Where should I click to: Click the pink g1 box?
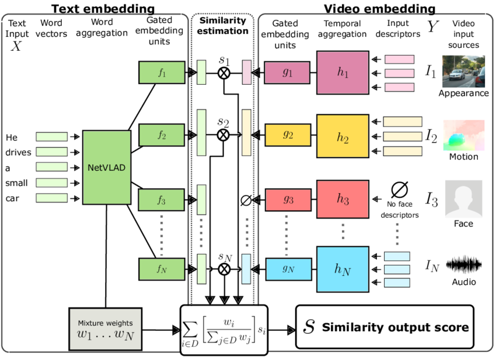287,72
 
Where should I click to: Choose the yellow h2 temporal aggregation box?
343,136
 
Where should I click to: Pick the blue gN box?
287,268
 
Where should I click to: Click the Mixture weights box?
105,328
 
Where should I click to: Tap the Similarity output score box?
386,327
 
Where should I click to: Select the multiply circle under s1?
223,73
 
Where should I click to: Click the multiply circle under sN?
223,268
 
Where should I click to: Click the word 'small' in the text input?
17,183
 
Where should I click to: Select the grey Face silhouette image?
464,198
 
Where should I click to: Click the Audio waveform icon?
463,265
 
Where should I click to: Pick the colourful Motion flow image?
464,135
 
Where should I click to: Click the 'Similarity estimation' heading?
223,26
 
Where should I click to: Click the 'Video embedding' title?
379,8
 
